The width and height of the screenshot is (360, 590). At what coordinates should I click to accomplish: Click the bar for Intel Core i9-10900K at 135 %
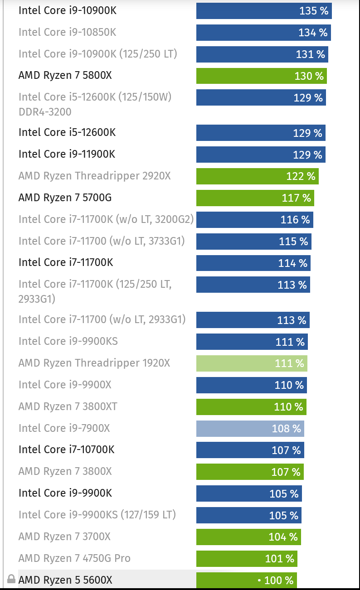coord(264,11)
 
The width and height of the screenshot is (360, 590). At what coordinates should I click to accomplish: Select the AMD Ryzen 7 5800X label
coord(65,75)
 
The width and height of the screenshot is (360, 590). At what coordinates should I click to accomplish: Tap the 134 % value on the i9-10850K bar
coord(312,33)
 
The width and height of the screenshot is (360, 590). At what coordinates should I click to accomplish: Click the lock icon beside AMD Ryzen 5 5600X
coord(11,579)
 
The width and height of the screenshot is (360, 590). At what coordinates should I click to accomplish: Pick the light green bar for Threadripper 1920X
coord(252,363)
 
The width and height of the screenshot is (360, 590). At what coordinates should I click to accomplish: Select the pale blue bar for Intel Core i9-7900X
coord(250,428)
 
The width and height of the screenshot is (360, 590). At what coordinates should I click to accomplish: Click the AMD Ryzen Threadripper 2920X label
coord(94,176)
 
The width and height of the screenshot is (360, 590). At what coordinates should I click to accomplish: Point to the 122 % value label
coord(301,176)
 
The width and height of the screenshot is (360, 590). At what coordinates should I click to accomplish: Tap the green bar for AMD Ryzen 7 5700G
coord(255,198)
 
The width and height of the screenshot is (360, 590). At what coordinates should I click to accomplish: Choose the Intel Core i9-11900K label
coord(67,154)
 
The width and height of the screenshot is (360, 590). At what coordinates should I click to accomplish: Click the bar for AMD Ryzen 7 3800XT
coord(251,407)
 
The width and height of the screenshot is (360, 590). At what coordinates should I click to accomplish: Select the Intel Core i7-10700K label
coord(66,450)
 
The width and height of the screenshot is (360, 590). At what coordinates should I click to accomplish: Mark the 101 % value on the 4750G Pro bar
coord(279,559)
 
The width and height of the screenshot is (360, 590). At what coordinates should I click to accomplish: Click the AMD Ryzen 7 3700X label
coord(64,537)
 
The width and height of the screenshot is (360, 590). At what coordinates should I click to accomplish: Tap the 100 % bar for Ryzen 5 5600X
coord(246,580)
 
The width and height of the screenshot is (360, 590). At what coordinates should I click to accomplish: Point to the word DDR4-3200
coord(45,111)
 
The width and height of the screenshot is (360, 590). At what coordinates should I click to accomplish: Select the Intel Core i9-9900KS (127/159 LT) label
coord(97,515)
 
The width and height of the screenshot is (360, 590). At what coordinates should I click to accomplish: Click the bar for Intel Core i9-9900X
coord(251,385)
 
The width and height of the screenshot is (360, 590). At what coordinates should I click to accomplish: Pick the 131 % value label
coord(310,54)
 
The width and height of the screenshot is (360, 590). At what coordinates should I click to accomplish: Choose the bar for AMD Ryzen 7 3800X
coord(250,472)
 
